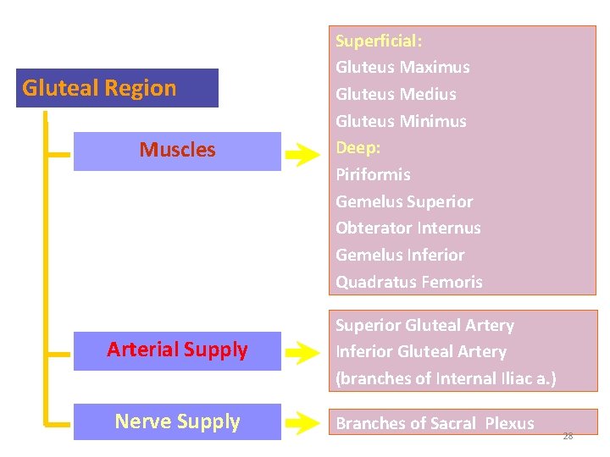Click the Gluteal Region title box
pyautogui.click(x=117, y=88)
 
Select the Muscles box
pyautogui.click(x=177, y=151)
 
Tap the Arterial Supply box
pyautogui.click(x=177, y=350)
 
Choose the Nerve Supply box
pyautogui.click(x=177, y=421)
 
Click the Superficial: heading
pyautogui.click(x=379, y=41)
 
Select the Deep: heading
pyautogui.click(x=358, y=147)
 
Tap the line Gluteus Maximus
pyautogui.click(x=402, y=67)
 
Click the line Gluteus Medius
pyautogui.click(x=396, y=94)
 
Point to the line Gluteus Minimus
pyautogui.click(x=401, y=121)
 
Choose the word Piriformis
pyautogui.click(x=373, y=174)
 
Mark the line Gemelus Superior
pyautogui.click(x=404, y=201)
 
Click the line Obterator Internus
pyautogui.click(x=408, y=228)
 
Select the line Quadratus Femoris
pyautogui.click(x=409, y=282)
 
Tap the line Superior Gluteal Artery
pyautogui.click(x=424, y=325)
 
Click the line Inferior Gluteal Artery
pyautogui.click(x=421, y=351)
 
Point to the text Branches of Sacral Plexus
pyautogui.click(x=435, y=424)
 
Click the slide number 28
pyautogui.click(x=568, y=436)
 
